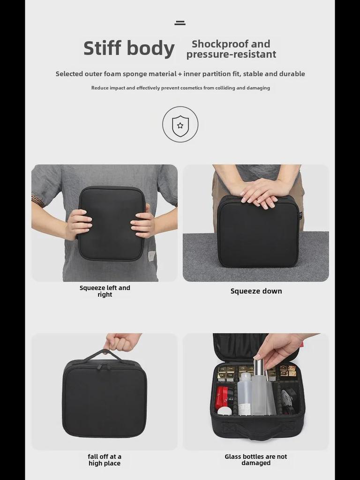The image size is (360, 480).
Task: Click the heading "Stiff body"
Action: point(129,49)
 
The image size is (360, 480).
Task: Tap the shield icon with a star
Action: point(180,125)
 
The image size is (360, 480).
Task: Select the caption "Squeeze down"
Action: point(256,291)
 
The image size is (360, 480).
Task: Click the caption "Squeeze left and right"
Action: point(105,291)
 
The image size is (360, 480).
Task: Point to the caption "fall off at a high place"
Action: point(105,460)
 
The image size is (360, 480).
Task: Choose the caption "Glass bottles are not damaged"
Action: point(256,460)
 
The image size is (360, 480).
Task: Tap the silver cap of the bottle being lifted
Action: point(258,367)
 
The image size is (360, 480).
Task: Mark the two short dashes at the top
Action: point(180,22)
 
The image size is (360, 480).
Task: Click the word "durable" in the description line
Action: point(292,74)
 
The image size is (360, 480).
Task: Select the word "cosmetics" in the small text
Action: point(187,88)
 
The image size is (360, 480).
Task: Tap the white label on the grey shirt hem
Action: point(151,256)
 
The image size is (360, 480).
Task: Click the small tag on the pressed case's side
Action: point(300,216)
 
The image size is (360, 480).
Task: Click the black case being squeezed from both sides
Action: point(112,223)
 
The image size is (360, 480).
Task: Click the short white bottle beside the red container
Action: point(225,411)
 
